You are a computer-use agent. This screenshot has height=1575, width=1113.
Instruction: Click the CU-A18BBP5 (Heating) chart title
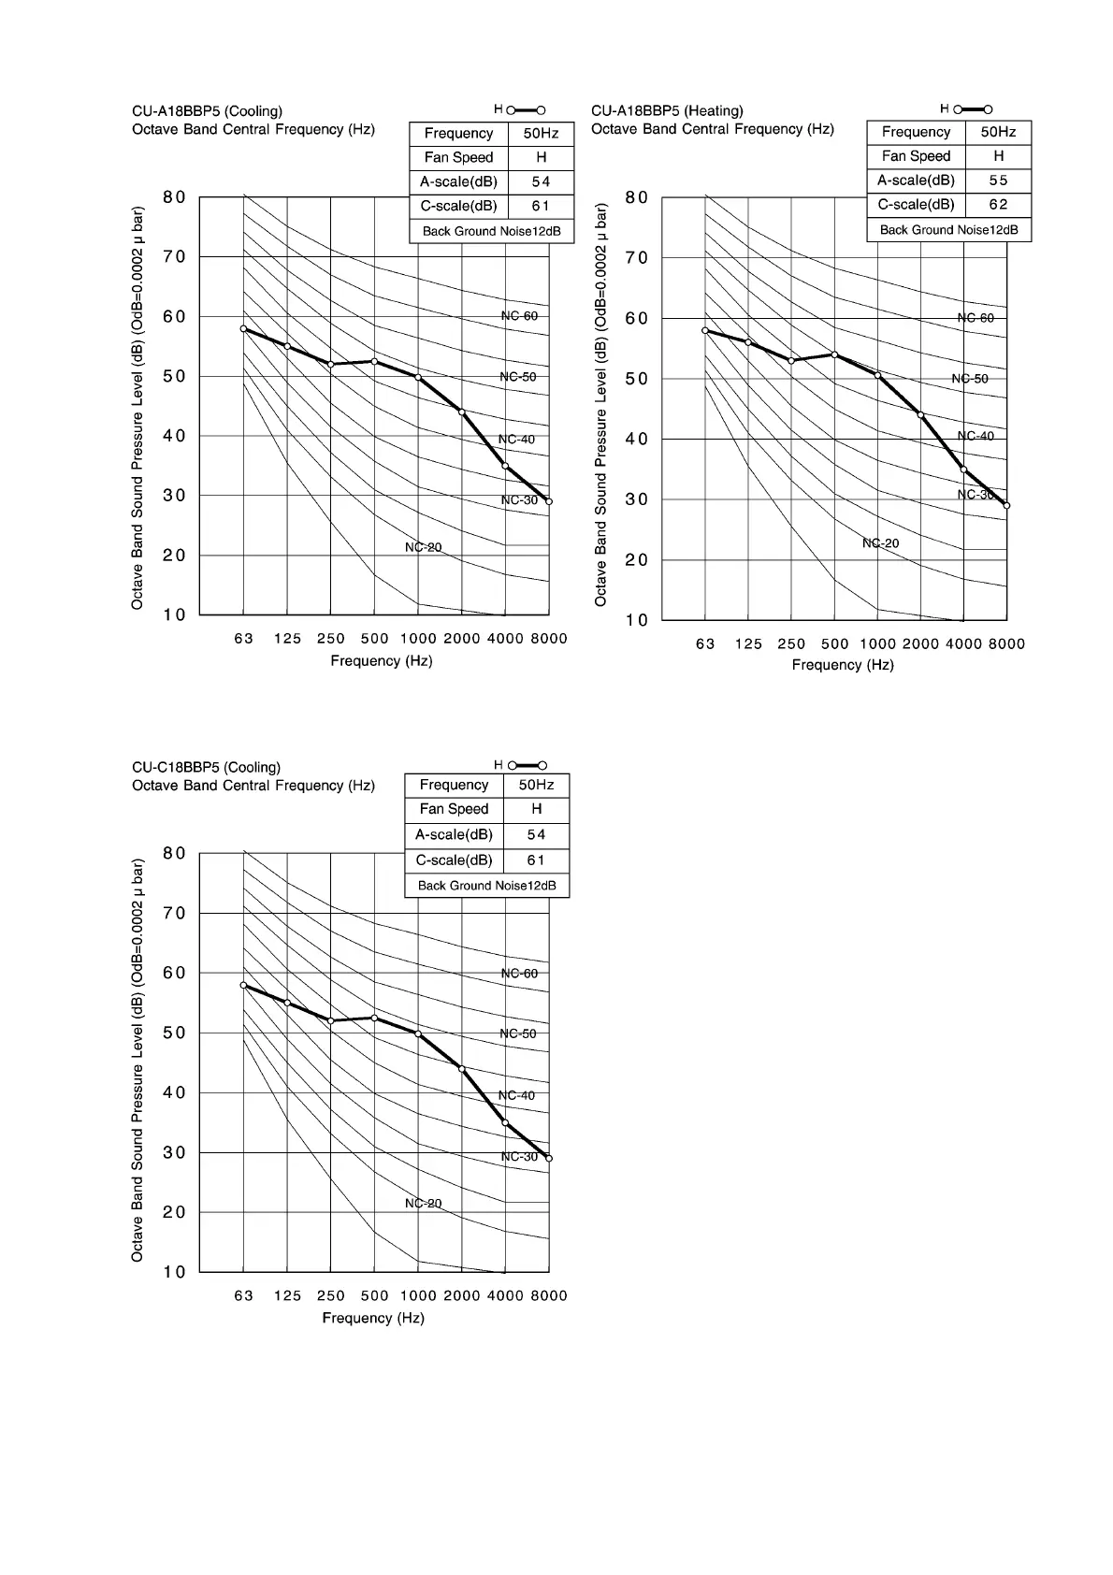tap(667, 110)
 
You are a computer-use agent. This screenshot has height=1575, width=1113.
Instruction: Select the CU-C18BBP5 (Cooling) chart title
tap(206, 767)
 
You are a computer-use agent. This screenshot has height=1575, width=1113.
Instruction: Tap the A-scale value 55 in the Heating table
tap(998, 181)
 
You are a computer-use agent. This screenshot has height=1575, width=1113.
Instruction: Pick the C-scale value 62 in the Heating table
tap(998, 205)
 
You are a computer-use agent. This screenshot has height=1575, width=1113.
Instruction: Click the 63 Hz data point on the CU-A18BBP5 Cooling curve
tap(243, 329)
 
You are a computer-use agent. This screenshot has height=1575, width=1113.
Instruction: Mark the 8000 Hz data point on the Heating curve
tap(1006, 505)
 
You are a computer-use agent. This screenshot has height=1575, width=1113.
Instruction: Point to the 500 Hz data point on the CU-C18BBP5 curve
tap(374, 1018)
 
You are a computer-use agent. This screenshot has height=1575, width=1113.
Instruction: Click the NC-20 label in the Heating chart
tap(880, 543)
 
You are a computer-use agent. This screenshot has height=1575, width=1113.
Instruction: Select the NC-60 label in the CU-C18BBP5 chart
tap(519, 974)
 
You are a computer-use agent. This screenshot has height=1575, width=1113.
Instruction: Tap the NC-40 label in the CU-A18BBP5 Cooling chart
tap(516, 440)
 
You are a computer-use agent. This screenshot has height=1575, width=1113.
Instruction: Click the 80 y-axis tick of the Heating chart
tap(637, 197)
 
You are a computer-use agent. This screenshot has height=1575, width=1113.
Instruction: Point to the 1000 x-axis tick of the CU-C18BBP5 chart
tap(418, 1295)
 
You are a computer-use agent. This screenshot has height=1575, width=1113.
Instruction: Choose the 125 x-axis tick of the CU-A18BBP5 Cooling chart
tap(287, 639)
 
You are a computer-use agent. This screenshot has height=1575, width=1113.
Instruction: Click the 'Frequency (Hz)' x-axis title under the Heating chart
tap(843, 665)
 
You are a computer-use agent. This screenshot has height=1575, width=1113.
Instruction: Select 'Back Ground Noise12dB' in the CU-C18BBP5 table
tap(486, 885)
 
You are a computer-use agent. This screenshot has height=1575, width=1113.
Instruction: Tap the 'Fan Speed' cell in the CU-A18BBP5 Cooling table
tap(458, 157)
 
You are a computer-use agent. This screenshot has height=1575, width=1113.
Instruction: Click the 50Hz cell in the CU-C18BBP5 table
tap(536, 785)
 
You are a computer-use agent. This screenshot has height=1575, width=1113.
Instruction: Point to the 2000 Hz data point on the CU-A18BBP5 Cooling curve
tap(461, 412)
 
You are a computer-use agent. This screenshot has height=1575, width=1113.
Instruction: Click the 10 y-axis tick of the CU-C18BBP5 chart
tap(175, 1272)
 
